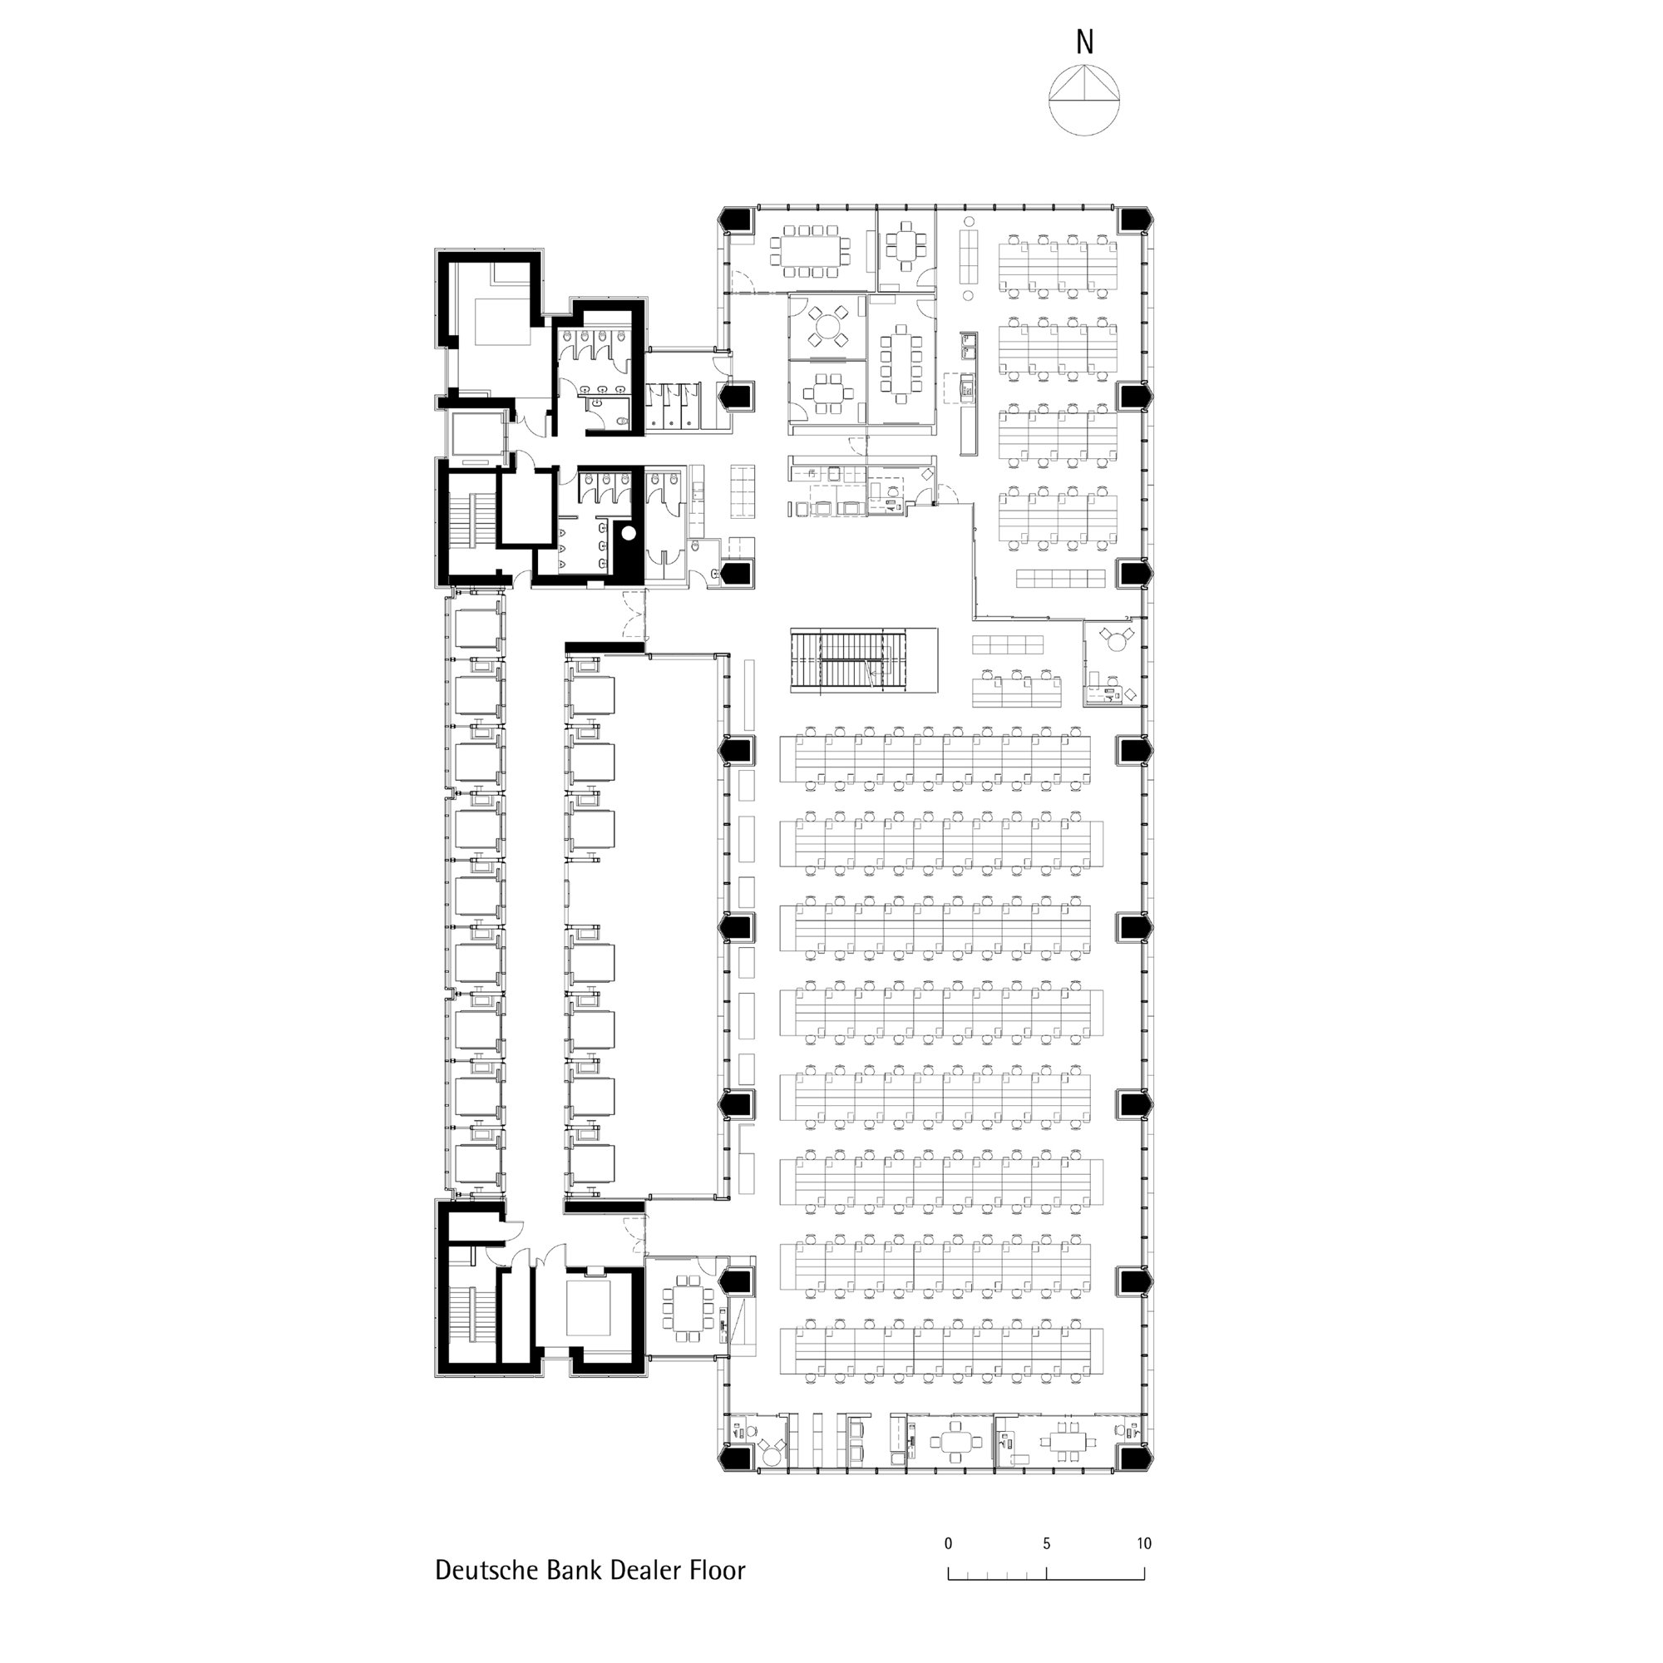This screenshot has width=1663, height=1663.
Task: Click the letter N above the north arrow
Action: point(1084,42)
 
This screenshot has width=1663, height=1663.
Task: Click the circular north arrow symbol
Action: point(1084,99)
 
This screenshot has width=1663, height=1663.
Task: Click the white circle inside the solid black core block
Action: point(629,533)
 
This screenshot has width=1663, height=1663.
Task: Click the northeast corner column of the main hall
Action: point(1134,220)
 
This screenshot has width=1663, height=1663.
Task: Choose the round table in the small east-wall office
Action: point(1117,639)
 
